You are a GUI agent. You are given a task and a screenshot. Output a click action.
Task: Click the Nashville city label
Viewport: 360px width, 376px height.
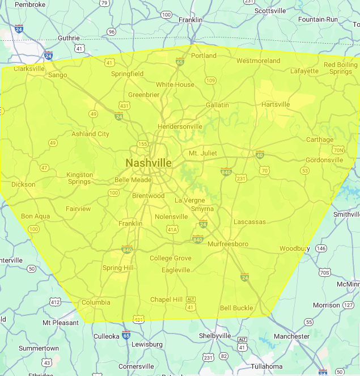pos(149,163)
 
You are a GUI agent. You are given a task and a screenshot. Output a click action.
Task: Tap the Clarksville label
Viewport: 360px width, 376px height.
pos(29,69)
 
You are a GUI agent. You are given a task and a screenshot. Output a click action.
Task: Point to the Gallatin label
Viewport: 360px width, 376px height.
pos(217,105)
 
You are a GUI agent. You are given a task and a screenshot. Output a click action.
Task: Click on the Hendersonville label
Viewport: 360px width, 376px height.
pos(180,126)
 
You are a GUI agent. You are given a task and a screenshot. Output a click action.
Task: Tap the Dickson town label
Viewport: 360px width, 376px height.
pos(23,184)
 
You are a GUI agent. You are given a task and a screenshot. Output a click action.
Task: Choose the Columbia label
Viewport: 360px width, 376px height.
pos(96,302)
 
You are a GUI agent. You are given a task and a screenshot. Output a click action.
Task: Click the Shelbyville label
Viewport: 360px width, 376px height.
pos(215,336)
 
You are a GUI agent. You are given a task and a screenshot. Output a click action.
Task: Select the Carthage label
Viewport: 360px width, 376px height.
pos(320,140)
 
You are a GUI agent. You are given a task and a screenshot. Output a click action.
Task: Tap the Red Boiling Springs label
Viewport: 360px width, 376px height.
pos(341,69)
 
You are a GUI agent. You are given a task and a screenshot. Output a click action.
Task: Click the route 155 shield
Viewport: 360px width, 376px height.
pos(143,145)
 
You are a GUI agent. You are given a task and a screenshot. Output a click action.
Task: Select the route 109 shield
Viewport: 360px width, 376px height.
pos(210,81)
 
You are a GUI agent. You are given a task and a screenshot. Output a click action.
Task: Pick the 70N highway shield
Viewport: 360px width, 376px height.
pos(338,150)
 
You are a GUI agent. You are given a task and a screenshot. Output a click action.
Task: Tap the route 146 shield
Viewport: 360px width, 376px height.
pos(321,248)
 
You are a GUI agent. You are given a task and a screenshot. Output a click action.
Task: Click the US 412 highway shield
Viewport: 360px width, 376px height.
pos(55,302)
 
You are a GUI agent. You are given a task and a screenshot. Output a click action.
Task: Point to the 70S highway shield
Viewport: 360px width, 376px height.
pos(325,272)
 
